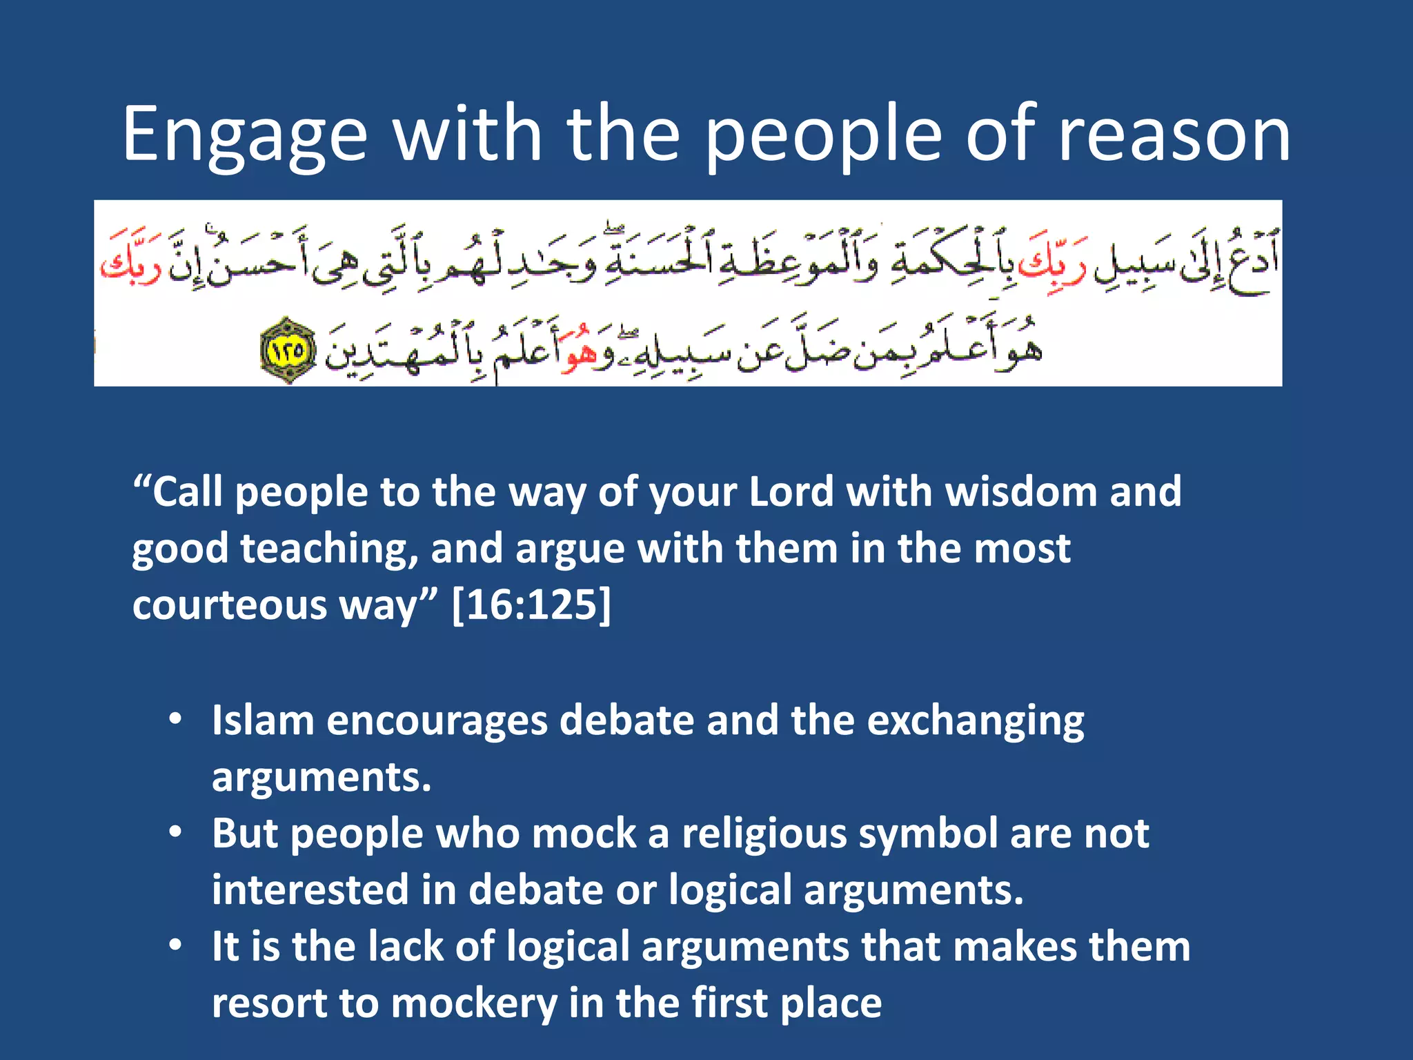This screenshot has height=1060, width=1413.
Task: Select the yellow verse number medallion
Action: click(x=288, y=351)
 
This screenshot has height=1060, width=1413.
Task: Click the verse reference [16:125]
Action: click(x=531, y=605)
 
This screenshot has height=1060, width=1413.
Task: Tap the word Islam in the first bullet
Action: click(x=263, y=720)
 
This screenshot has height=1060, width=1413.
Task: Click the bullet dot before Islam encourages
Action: click(x=176, y=719)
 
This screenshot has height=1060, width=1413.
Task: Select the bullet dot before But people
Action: click(x=176, y=832)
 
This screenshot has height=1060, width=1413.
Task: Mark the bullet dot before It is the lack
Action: click(x=176, y=945)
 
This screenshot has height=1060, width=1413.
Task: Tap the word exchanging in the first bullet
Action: click(x=975, y=722)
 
